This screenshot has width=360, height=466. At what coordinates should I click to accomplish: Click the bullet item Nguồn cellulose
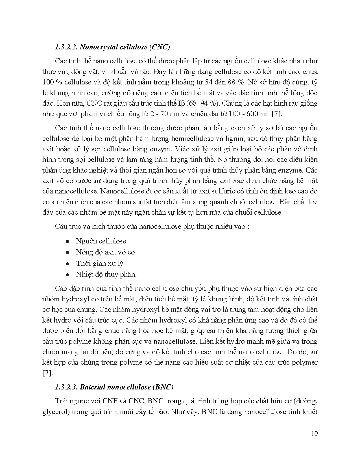(101, 241)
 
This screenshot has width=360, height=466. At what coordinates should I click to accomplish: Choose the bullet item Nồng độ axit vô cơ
(105, 252)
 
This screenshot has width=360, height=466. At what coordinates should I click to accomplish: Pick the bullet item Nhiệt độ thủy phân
(106, 275)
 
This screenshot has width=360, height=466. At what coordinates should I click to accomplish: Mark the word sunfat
(154, 202)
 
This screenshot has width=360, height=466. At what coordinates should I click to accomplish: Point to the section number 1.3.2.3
(66, 387)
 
